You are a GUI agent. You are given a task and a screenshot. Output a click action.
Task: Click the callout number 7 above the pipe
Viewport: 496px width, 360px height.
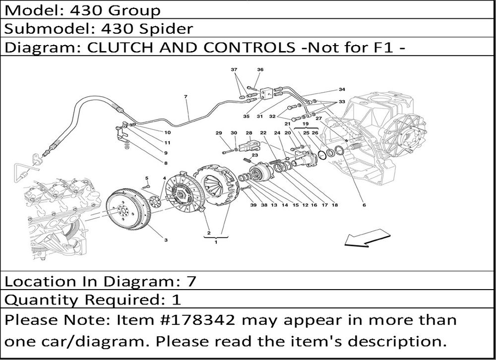pos(186,97)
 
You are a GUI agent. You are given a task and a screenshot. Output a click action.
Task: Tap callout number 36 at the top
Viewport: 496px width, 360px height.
pos(260,69)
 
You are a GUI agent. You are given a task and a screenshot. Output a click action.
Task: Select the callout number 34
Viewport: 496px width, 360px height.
pos(342,89)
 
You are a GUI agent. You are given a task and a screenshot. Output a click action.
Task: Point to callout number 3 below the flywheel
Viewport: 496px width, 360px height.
pos(166,240)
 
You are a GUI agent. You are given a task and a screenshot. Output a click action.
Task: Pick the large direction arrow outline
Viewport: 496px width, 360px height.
pos(367,240)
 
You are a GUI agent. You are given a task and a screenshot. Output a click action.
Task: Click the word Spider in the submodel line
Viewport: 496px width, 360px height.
pos(166,29)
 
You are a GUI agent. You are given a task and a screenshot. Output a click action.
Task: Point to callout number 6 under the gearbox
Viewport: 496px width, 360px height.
pos(364,205)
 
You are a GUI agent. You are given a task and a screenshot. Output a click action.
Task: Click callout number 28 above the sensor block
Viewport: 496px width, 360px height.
pos(249,133)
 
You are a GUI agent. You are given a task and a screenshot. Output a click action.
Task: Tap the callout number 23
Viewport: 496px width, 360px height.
pos(254,155)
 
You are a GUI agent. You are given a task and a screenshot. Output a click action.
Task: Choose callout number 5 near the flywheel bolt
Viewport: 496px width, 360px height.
pos(147,178)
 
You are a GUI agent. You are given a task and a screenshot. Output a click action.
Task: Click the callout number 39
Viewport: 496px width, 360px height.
pos(253,205)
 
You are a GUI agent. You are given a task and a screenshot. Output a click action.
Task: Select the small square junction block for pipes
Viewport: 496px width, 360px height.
pos(266,93)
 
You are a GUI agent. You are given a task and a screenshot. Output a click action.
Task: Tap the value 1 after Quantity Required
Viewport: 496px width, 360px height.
pos(176,300)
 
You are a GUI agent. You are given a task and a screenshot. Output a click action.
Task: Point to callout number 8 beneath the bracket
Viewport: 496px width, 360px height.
pos(166,163)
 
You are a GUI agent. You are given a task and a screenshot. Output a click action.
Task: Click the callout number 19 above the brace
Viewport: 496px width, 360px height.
pos(305,123)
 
